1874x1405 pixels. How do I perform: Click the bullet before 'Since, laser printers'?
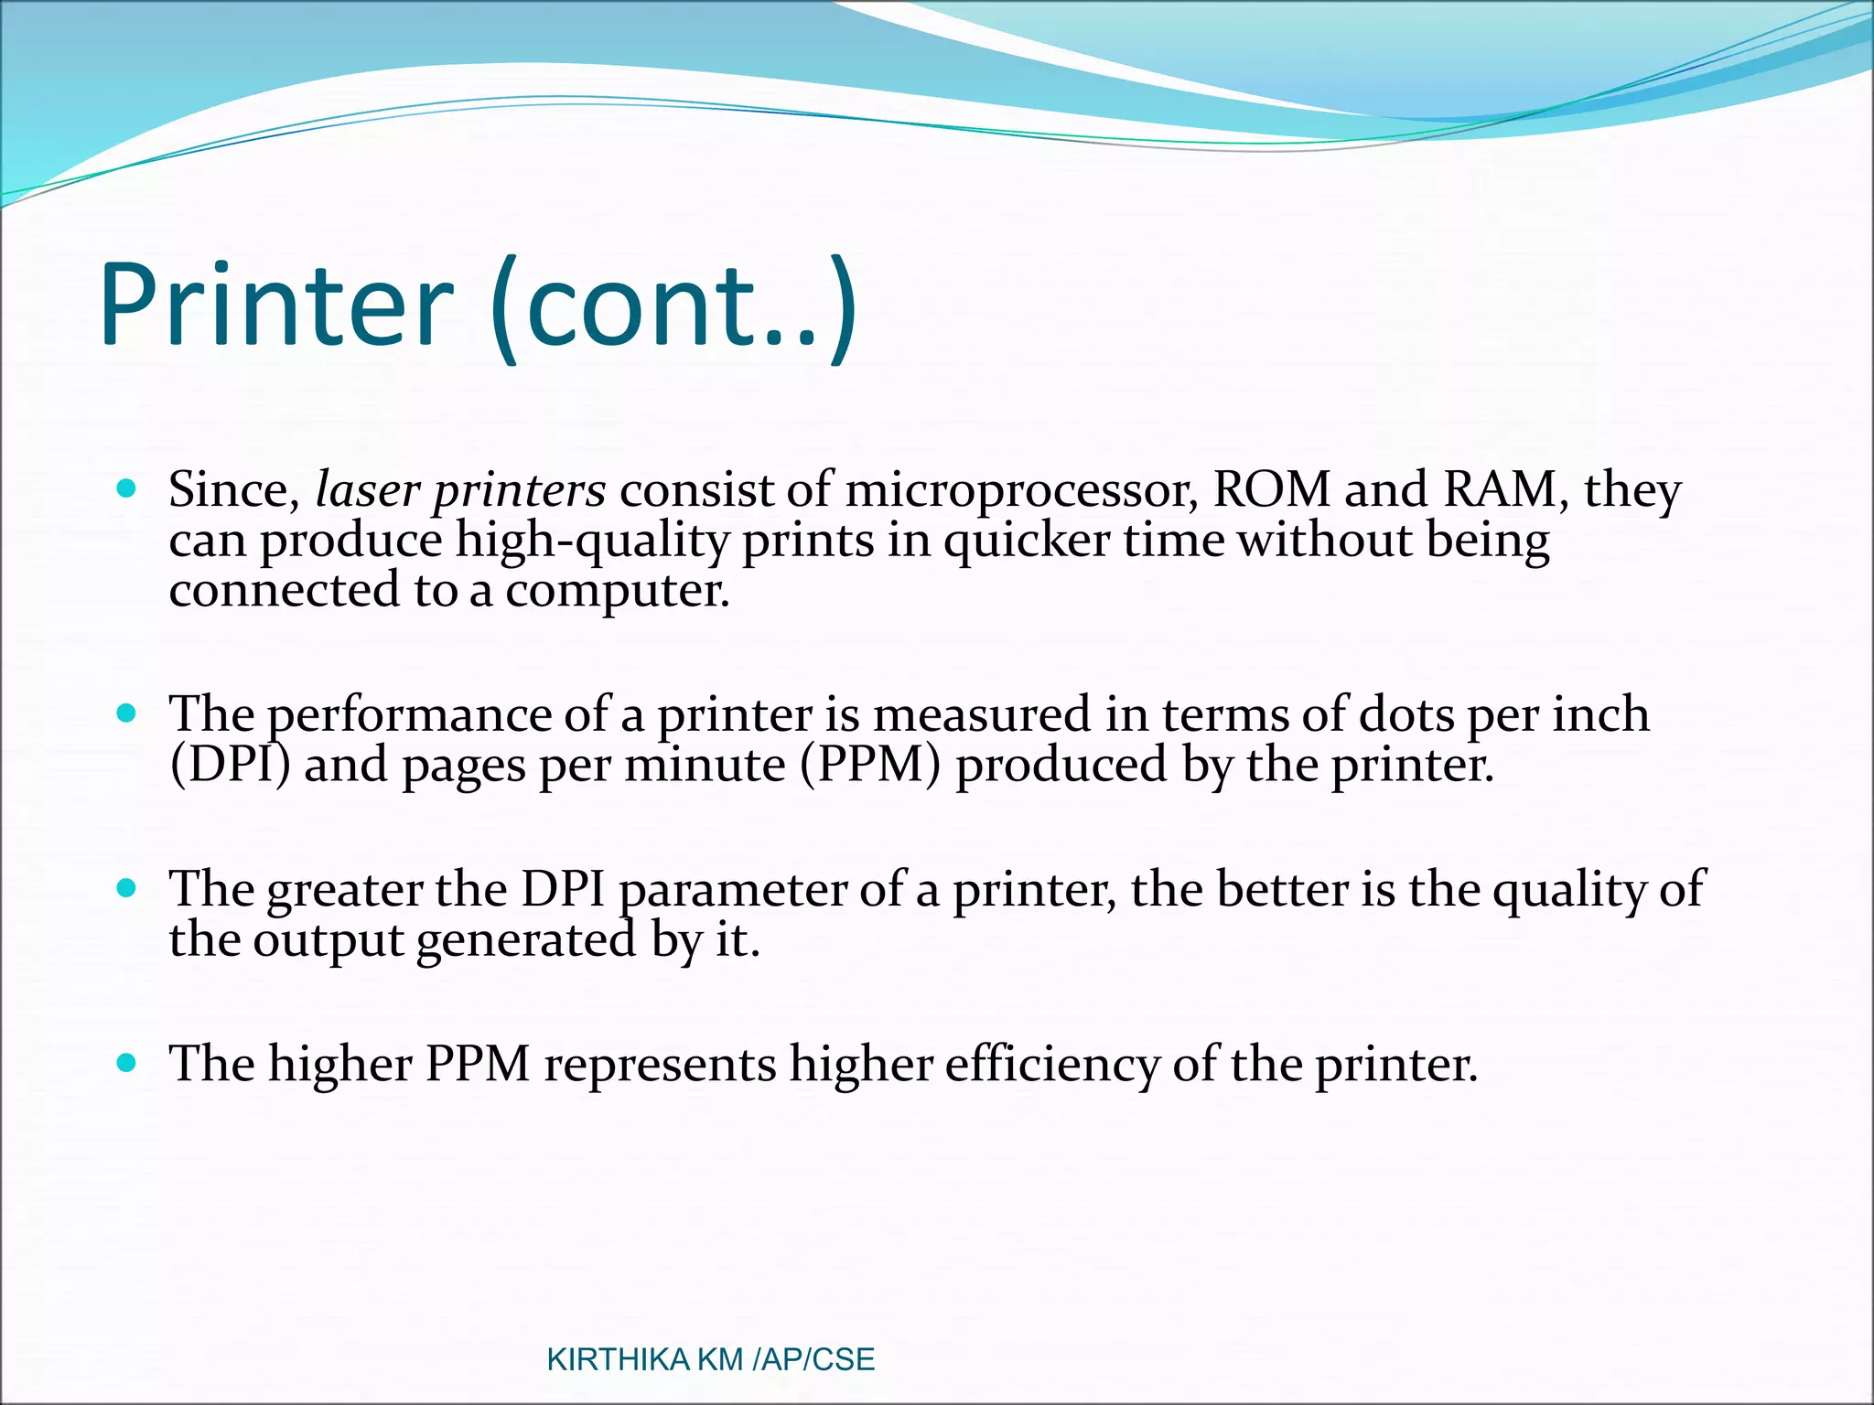click(127, 488)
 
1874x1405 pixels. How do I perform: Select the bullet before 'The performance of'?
click(127, 713)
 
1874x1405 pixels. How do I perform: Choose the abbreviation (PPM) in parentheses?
click(870, 765)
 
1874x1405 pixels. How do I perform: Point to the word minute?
click(705, 765)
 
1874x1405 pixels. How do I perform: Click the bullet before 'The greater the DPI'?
click(127, 887)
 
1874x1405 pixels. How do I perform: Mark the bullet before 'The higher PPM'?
click(127, 1063)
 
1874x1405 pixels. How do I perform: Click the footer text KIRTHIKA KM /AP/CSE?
click(710, 1360)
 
